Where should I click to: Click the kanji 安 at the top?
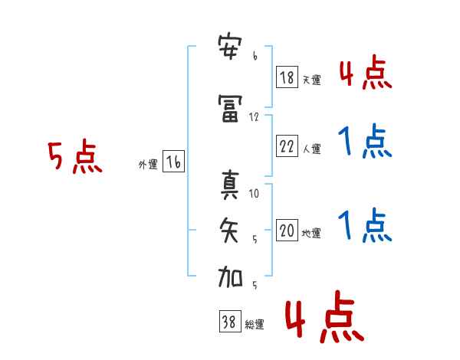coord(230,47)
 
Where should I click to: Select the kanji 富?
coord(230,109)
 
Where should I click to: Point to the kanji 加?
coord(230,277)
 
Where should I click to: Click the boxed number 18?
coord(287,77)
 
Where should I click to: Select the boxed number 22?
coord(287,146)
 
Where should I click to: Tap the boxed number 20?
coord(287,230)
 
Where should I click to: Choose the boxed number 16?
coord(174,162)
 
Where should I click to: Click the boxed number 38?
coord(230,321)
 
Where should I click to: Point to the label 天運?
coord(312,80)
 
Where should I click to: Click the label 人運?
coord(312,149)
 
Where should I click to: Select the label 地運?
coord(311,233)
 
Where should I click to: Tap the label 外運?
coord(148,165)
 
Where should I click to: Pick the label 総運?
coord(255,324)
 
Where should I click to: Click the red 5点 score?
coord(75,156)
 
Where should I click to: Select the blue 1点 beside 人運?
coord(365,141)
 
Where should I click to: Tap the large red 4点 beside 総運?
coord(324,316)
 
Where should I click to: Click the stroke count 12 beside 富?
coord(254,117)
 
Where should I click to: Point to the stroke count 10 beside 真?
coord(254,193)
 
